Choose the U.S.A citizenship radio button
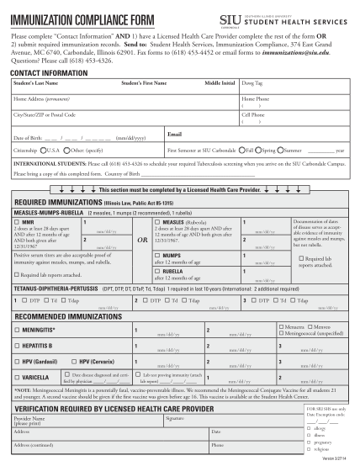tap(45, 150)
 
